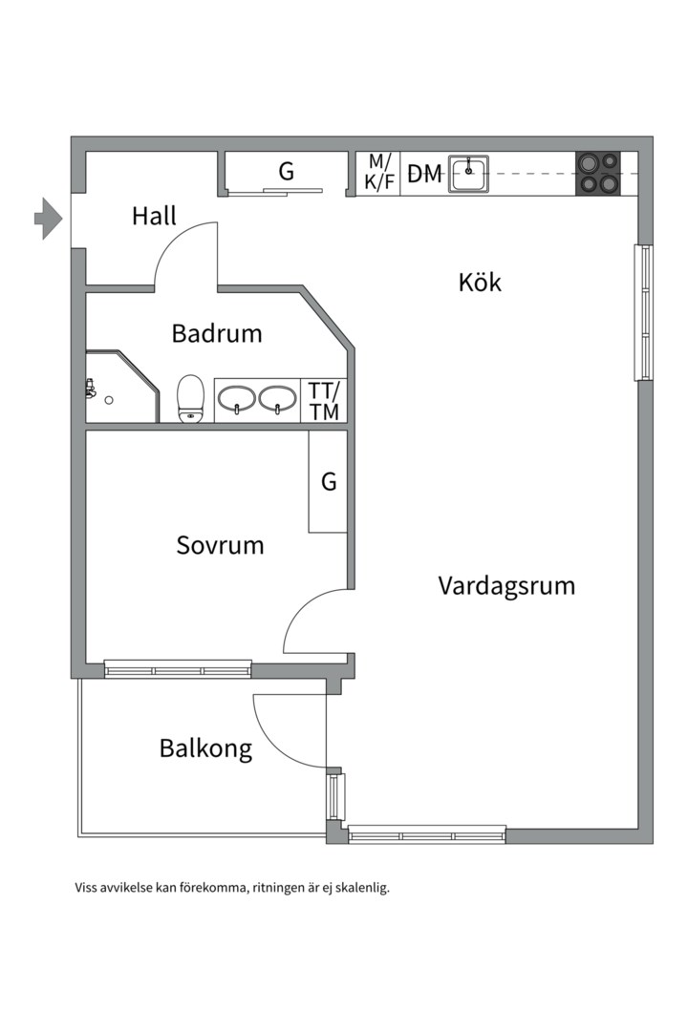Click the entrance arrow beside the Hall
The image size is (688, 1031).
pos(48,218)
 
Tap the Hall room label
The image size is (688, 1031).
pos(154,216)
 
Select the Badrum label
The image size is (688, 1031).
pos(217,333)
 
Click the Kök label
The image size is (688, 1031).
pos(480,282)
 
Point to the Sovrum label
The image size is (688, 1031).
pos(220,545)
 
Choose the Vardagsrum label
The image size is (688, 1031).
pos(506,586)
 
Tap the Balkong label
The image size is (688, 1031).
pos(206,749)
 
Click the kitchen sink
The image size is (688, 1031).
pos(469,174)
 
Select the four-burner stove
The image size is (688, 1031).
pos(598,174)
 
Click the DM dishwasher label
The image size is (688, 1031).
pos(424,175)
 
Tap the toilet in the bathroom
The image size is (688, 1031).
pos(191,398)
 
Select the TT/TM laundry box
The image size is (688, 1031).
pos(324,400)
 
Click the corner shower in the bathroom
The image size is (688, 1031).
pos(121,387)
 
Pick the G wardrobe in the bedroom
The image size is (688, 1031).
pos(328,482)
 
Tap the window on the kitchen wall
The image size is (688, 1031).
pos(644,312)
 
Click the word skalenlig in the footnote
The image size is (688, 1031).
pos(362,888)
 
